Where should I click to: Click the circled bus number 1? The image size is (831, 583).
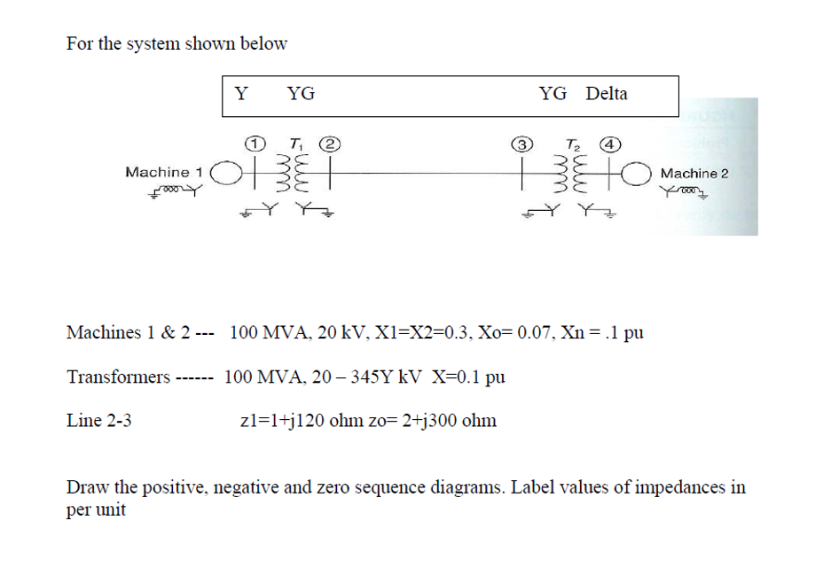[x=255, y=141]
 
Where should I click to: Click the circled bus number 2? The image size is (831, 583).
[x=329, y=141]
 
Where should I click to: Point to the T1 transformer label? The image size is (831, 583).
[x=293, y=142]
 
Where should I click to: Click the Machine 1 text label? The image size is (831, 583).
[x=164, y=172]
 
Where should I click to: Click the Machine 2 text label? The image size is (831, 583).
[x=694, y=174]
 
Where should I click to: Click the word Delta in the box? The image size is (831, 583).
[x=607, y=94]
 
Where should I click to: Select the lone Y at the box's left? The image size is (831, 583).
[x=240, y=94]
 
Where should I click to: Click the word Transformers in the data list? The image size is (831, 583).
[x=118, y=377]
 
